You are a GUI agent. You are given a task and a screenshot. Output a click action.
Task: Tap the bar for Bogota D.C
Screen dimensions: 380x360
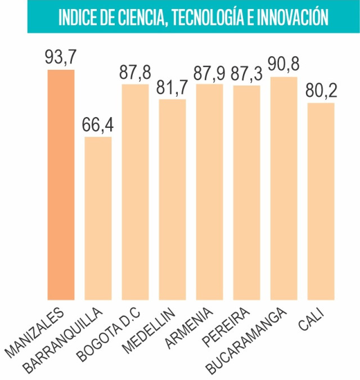tap(135, 192)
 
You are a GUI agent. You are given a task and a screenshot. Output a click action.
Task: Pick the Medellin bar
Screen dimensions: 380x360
tap(172, 199)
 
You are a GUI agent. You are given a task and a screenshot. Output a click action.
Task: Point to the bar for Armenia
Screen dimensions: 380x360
tap(209, 192)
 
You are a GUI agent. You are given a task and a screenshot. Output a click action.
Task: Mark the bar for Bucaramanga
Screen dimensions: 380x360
tap(283, 188)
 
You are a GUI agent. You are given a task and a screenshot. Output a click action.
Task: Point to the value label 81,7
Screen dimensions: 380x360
tap(172, 88)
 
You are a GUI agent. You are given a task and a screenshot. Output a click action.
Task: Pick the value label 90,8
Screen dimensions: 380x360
tap(283, 65)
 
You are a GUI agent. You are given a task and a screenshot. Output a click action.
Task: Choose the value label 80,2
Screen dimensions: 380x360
tap(321, 92)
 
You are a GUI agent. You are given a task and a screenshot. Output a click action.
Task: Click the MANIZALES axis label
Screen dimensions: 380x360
tap(37, 332)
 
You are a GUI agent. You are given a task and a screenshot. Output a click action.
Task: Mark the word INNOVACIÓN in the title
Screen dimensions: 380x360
tap(292, 17)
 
